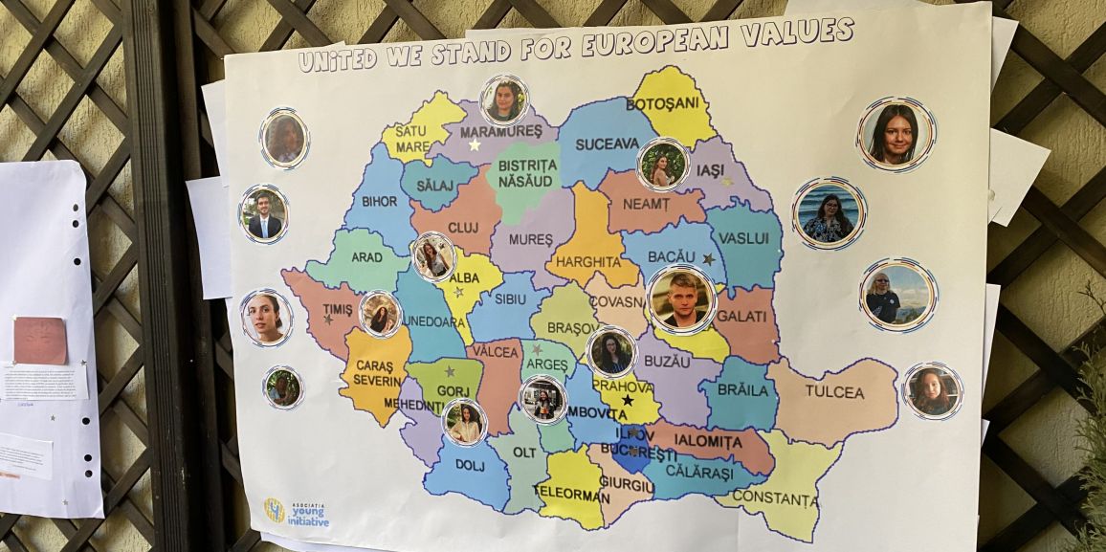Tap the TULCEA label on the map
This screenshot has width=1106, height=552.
click(x=833, y=392)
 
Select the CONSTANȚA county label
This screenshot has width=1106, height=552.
click(x=775, y=499)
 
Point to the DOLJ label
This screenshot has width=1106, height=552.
click(x=469, y=466)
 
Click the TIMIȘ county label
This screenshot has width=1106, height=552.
click(x=337, y=310)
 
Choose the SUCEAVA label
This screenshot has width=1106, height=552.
click(x=607, y=144)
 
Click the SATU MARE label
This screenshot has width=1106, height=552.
click(x=410, y=139)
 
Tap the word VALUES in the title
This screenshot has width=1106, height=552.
click(x=805, y=33)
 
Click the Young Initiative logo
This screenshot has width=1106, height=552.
click(x=296, y=514)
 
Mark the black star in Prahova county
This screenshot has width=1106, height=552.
click(x=628, y=401)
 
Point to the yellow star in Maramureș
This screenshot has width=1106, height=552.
click(x=475, y=145)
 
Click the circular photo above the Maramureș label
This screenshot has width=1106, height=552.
click(x=503, y=99)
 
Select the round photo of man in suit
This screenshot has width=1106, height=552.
click(x=263, y=214)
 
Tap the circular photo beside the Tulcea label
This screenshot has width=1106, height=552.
click(x=931, y=391)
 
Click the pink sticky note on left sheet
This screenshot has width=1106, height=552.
click(x=39, y=341)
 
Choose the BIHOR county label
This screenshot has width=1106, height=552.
click(x=380, y=202)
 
